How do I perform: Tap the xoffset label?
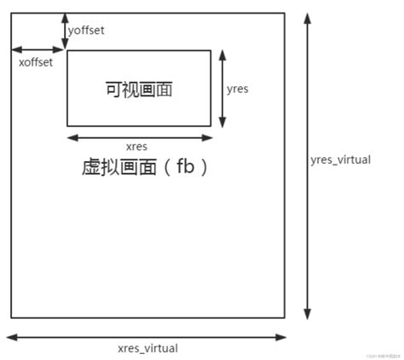36,62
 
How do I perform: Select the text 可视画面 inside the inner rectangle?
138,88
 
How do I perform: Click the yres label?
238,88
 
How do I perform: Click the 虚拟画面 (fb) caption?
145,168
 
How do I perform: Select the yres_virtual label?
341,160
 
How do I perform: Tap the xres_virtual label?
147,348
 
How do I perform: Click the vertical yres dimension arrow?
222,88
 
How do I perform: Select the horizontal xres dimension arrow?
139,136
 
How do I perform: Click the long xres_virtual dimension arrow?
147,335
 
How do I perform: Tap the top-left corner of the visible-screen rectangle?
66,50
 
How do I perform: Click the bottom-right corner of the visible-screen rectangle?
211,126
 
